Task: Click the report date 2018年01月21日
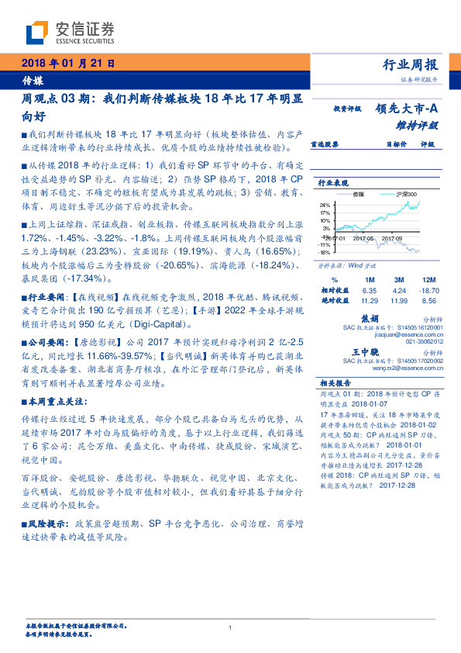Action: pyautogui.click(x=69, y=63)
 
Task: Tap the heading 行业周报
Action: pyautogui.click(x=410, y=65)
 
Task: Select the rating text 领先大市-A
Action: pyautogui.click(x=408, y=109)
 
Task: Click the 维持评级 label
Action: pyautogui.click(x=417, y=124)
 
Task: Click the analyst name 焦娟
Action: pyautogui.click(x=370, y=317)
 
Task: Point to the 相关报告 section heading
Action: pyautogui.click(x=335, y=382)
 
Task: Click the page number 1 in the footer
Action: pyautogui.click(x=231, y=627)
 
